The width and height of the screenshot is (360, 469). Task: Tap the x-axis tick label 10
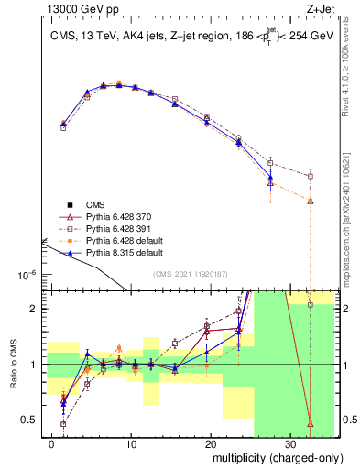[x=131, y=444]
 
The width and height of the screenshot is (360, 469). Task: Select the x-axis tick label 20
[x=211, y=444]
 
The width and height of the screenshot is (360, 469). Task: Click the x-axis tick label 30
[x=289, y=444]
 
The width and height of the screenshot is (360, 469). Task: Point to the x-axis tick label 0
[x=52, y=444]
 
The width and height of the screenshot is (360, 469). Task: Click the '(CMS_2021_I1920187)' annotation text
[x=190, y=273]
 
